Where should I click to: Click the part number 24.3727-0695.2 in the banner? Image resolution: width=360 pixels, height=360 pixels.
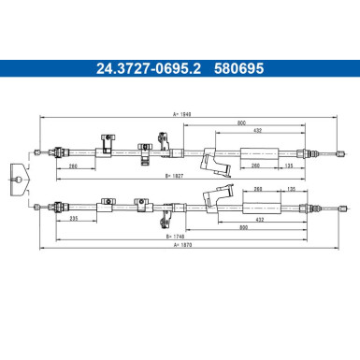point(149,68)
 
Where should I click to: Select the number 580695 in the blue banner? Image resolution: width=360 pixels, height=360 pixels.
point(239,68)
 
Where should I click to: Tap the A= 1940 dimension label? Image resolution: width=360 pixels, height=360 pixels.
point(181,114)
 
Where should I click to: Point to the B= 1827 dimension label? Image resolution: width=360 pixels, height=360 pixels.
point(175,176)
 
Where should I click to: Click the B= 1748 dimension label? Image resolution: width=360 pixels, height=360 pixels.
point(175,237)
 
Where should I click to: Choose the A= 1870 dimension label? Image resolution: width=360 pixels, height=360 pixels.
point(183,245)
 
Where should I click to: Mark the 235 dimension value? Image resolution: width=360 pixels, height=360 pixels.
point(74,219)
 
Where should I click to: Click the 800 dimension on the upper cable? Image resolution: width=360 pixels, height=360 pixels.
point(241,123)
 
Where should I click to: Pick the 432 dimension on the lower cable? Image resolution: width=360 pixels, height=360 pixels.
point(259,220)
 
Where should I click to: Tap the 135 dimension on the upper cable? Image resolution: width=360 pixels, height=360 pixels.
point(289,166)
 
